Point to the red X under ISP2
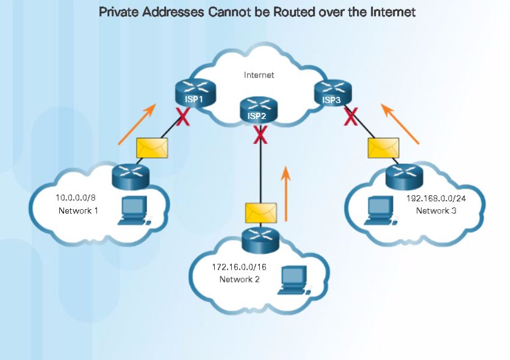click(260, 135)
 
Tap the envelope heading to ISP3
click(383, 148)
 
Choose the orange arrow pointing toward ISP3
click(400, 124)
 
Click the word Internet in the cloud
click(259, 75)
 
